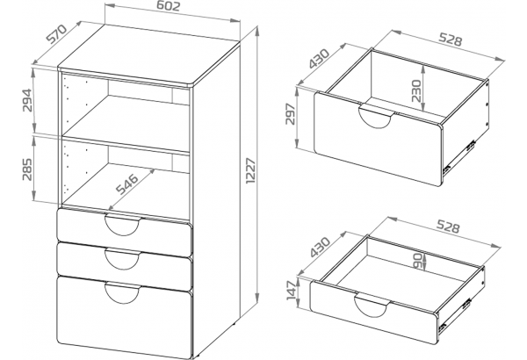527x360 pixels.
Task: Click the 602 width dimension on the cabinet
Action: click(x=169, y=7)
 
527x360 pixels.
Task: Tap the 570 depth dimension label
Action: click(x=57, y=34)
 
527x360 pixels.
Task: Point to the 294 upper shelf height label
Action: click(x=27, y=100)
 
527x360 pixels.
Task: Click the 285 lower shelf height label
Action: click(x=27, y=169)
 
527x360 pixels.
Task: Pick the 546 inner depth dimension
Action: click(x=126, y=184)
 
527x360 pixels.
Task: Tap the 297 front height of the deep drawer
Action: click(x=291, y=113)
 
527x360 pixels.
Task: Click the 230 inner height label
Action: click(x=416, y=90)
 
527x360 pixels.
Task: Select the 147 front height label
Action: click(x=292, y=291)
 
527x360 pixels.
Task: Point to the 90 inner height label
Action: click(x=417, y=261)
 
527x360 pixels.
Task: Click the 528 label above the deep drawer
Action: click(x=451, y=40)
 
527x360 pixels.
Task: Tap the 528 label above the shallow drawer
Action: click(x=447, y=227)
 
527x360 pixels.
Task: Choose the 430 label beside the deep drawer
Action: click(x=320, y=59)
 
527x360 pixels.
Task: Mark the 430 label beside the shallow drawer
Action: click(x=320, y=247)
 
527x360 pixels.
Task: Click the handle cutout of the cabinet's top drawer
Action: click(x=122, y=225)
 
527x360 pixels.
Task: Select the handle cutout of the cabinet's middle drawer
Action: click(x=122, y=259)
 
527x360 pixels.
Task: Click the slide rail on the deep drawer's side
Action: click(x=459, y=157)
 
